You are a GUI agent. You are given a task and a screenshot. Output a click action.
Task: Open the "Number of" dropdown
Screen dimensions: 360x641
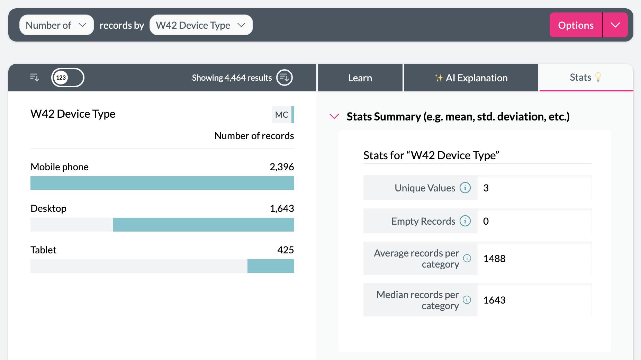point(56,25)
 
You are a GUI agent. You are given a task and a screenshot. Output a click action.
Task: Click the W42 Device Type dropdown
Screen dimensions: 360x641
point(201,25)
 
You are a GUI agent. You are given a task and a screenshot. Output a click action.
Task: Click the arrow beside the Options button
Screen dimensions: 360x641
point(615,25)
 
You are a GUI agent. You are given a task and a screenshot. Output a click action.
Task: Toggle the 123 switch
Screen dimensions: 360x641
point(67,78)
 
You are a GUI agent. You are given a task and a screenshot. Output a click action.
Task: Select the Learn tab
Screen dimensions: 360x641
point(360,78)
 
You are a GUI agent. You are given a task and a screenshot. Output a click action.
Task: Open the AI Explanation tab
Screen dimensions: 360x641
point(471,78)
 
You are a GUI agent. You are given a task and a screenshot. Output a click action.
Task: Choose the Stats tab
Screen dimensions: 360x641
point(586,78)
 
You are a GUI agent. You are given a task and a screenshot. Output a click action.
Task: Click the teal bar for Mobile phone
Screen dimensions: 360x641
point(162,183)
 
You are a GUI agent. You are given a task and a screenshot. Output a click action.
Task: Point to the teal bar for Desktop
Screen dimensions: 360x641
point(204,225)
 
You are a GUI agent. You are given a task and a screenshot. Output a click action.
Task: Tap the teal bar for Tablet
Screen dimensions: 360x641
point(271,266)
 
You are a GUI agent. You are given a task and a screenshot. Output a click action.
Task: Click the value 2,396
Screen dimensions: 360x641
point(281,167)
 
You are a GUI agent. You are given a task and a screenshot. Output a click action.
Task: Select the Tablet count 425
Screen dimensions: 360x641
point(285,250)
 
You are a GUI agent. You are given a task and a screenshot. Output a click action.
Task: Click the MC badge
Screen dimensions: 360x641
point(282,115)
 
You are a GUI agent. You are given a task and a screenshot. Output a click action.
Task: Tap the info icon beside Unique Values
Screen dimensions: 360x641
point(465,188)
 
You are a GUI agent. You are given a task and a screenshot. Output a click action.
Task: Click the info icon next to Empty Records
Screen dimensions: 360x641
point(465,221)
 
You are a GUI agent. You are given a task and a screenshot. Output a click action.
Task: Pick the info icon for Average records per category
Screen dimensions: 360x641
point(467,258)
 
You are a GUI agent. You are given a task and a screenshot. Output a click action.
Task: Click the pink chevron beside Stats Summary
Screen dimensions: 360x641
point(334,117)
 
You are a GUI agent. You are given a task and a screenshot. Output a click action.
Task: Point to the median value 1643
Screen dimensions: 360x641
point(494,300)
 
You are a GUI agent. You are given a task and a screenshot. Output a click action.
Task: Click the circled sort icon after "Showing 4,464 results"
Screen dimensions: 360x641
point(284,78)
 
